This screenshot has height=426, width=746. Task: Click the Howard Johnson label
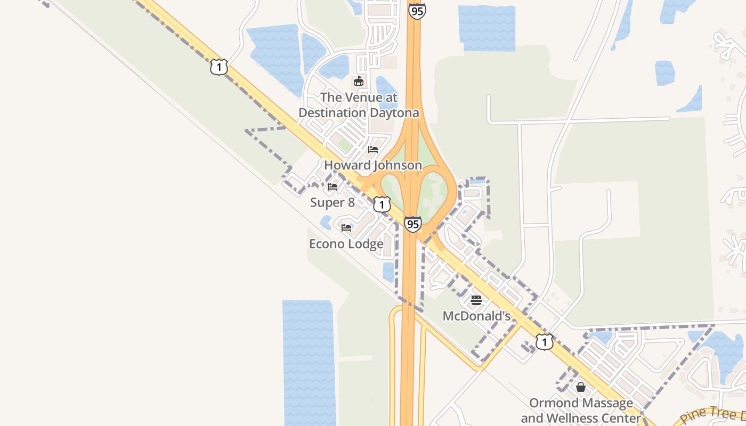[372, 166]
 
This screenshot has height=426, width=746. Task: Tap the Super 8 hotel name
[333, 203]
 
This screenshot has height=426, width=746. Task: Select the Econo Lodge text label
[346, 244]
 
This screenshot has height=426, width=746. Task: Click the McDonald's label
[476, 317]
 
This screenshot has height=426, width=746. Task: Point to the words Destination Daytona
[359, 113]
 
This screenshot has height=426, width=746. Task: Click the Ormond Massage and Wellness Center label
[581, 410]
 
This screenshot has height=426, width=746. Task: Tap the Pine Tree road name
[709, 414]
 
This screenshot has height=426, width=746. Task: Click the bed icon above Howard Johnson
[373, 150]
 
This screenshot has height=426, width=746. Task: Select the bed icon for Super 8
[333, 187]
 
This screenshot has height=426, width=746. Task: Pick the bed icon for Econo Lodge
[346, 228]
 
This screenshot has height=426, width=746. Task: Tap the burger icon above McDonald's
[476, 300]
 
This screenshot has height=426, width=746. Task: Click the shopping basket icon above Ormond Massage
[581, 387]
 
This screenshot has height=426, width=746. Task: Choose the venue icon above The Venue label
[359, 81]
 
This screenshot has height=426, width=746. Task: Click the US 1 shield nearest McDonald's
[544, 341]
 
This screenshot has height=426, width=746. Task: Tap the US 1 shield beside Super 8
[382, 204]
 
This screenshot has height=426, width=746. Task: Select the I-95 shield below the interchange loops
[412, 224]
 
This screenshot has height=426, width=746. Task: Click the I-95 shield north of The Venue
[417, 11]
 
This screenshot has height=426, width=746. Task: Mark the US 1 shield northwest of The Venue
[218, 67]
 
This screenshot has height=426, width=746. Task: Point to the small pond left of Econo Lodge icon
[326, 223]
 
